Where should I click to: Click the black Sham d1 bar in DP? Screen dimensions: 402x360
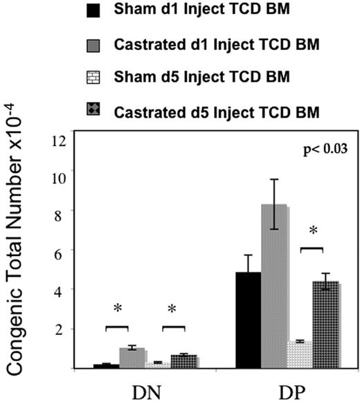(249, 320)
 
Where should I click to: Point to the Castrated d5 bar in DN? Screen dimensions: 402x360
(183, 361)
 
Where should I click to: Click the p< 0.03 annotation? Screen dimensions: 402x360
(321, 149)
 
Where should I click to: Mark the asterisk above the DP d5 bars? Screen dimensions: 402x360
(312, 230)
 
